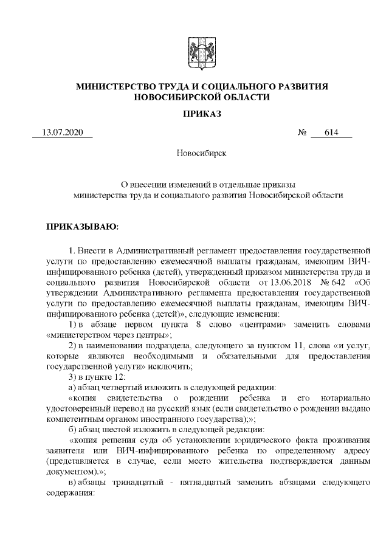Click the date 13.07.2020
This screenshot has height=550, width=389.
click(x=61, y=132)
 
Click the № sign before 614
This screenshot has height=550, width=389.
click(x=301, y=132)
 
